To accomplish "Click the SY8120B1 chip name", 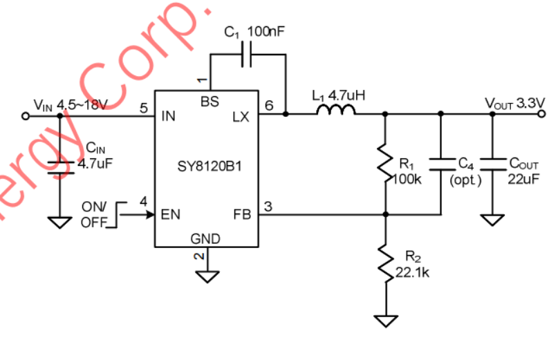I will tap(206, 167).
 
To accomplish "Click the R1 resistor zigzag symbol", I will tap(386, 164).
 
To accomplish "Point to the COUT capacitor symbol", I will tap(492, 163).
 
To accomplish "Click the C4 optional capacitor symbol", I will tap(440, 163).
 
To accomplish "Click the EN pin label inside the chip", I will tap(171, 214).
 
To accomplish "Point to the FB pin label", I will tap(242, 214).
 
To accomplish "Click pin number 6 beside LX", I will tap(269, 105).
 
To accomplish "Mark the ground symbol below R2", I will tap(386, 321).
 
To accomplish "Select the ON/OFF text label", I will tap(95, 215).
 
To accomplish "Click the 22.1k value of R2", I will tap(412, 273).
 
